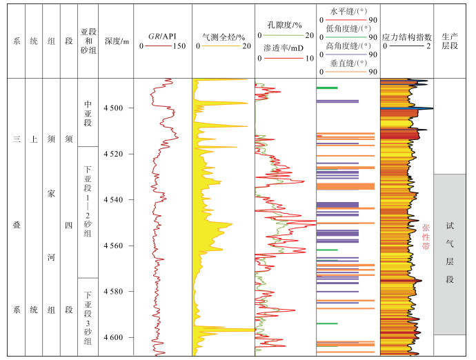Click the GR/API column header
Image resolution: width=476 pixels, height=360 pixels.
point(161,34)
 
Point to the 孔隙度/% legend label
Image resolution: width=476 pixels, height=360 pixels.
point(281,25)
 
